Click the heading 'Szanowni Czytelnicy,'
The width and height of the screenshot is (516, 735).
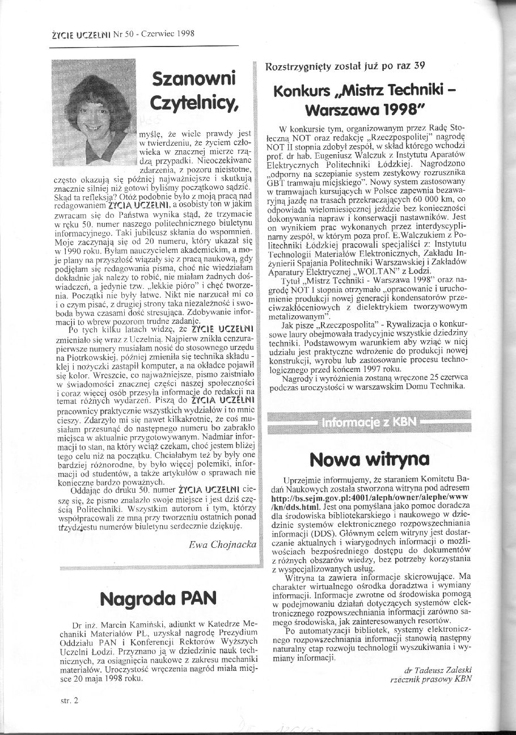194,90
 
